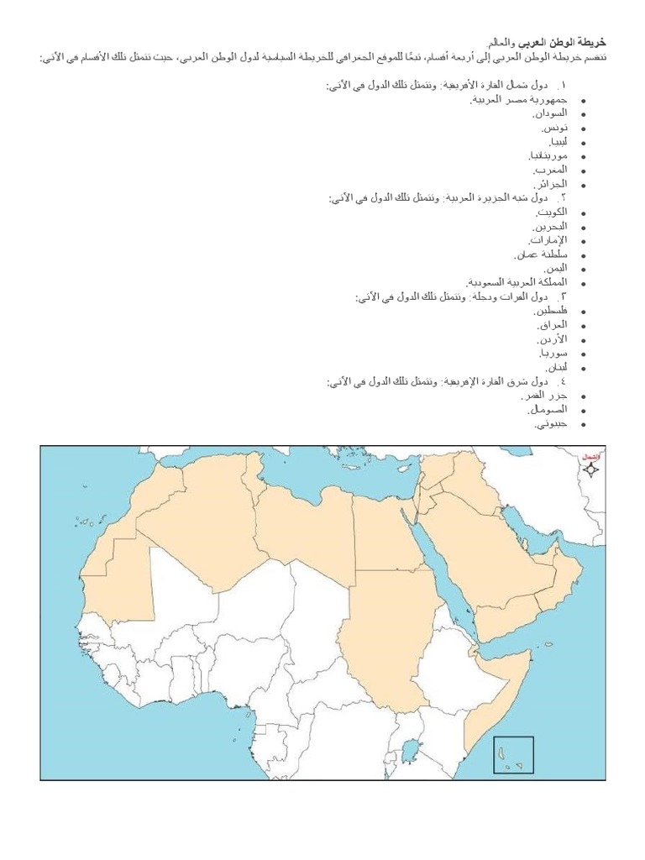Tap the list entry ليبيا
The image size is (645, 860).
(x=556, y=141)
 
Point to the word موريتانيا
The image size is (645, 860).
(x=547, y=155)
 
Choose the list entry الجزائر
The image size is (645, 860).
(x=551, y=184)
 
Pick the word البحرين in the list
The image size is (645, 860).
(x=550, y=227)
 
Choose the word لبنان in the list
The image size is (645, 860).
(x=556, y=368)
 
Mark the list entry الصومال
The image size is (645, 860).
(x=548, y=410)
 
